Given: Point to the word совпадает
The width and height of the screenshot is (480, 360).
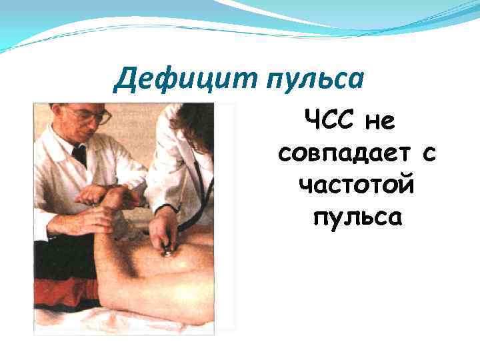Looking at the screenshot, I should [x=339, y=155].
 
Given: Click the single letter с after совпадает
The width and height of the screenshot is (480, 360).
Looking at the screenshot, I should [x=428, y=155].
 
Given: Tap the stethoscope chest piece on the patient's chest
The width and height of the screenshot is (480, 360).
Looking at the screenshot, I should [x=167, y=251].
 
